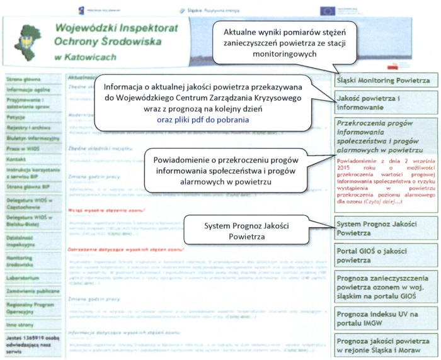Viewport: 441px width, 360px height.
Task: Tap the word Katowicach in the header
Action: [x=86, y=57]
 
